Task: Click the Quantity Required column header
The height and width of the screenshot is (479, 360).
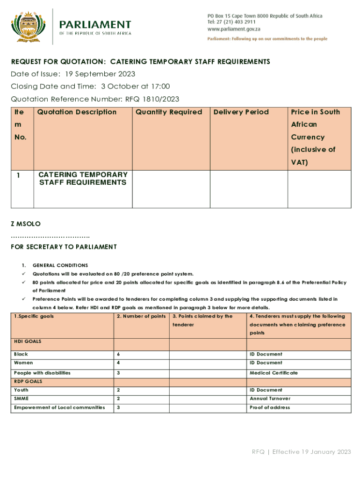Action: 169,112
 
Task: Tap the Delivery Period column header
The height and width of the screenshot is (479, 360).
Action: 241,112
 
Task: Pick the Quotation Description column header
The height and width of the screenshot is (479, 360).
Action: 77,112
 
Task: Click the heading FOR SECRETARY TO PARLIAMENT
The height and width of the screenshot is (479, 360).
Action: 64,247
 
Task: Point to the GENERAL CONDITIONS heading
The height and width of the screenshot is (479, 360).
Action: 60,265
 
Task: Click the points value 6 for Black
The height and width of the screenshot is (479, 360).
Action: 118,354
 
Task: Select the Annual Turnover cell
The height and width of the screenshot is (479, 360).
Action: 270,399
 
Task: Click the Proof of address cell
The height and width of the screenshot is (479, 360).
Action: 270,407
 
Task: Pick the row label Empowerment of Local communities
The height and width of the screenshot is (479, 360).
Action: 59,407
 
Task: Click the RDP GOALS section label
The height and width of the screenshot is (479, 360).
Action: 28,381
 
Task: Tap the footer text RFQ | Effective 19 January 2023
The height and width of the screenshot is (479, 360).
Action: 301,452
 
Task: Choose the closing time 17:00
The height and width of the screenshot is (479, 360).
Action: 160,87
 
